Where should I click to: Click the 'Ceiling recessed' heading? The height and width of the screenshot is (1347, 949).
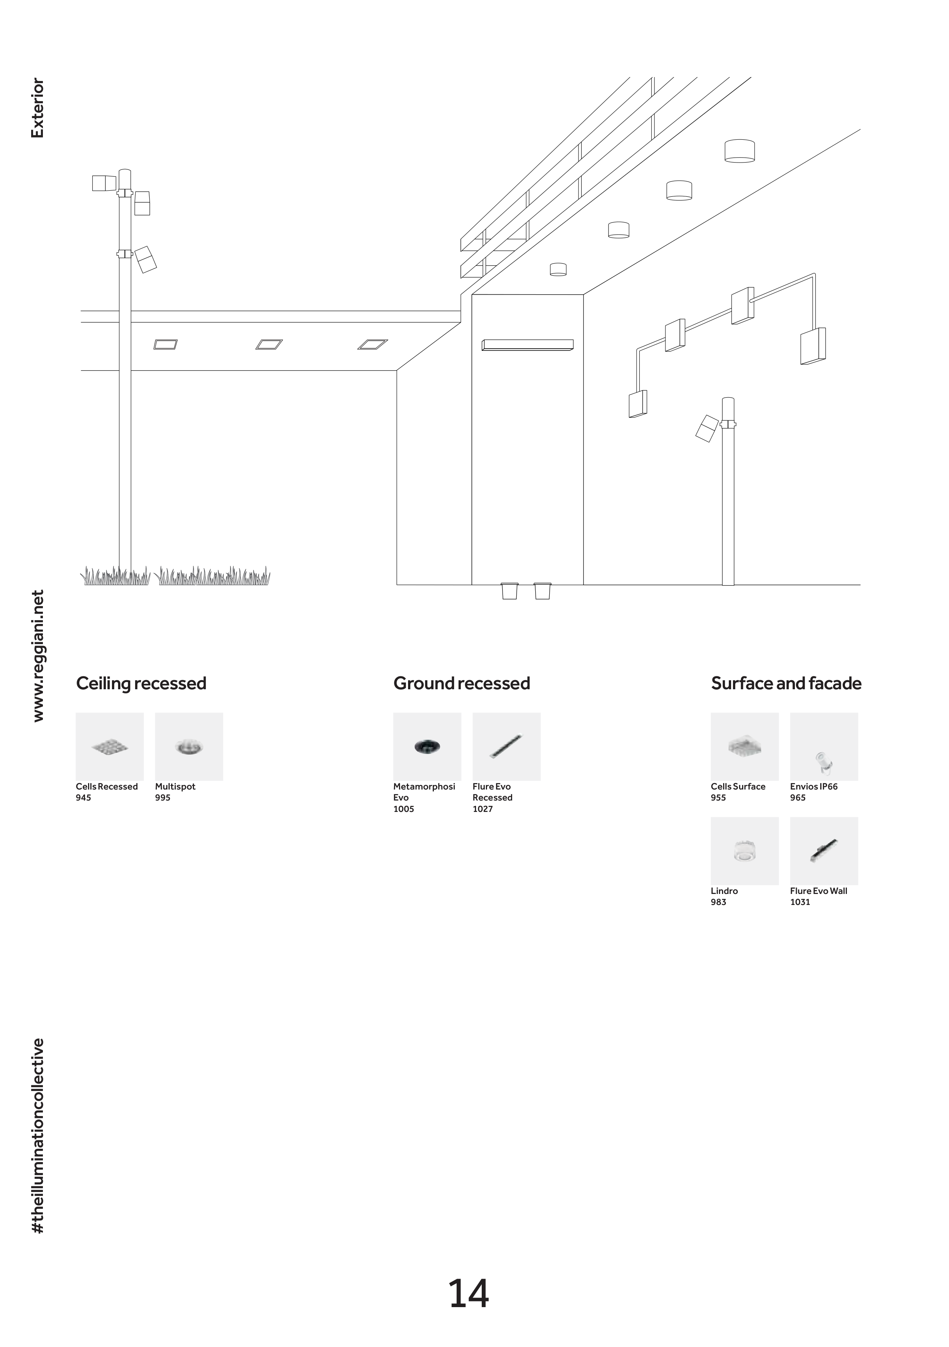pos(141,684)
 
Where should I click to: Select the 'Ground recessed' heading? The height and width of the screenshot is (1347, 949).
pos(462,684)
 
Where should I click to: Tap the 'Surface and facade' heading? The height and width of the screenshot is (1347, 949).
pos(786,684)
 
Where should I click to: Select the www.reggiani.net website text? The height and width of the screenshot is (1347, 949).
pos(37,655)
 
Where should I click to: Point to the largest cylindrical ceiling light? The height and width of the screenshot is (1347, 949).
pos(739,151)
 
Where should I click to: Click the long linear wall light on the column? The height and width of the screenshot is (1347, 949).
pos(527,345)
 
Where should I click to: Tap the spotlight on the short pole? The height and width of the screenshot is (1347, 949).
pos(707,428)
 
